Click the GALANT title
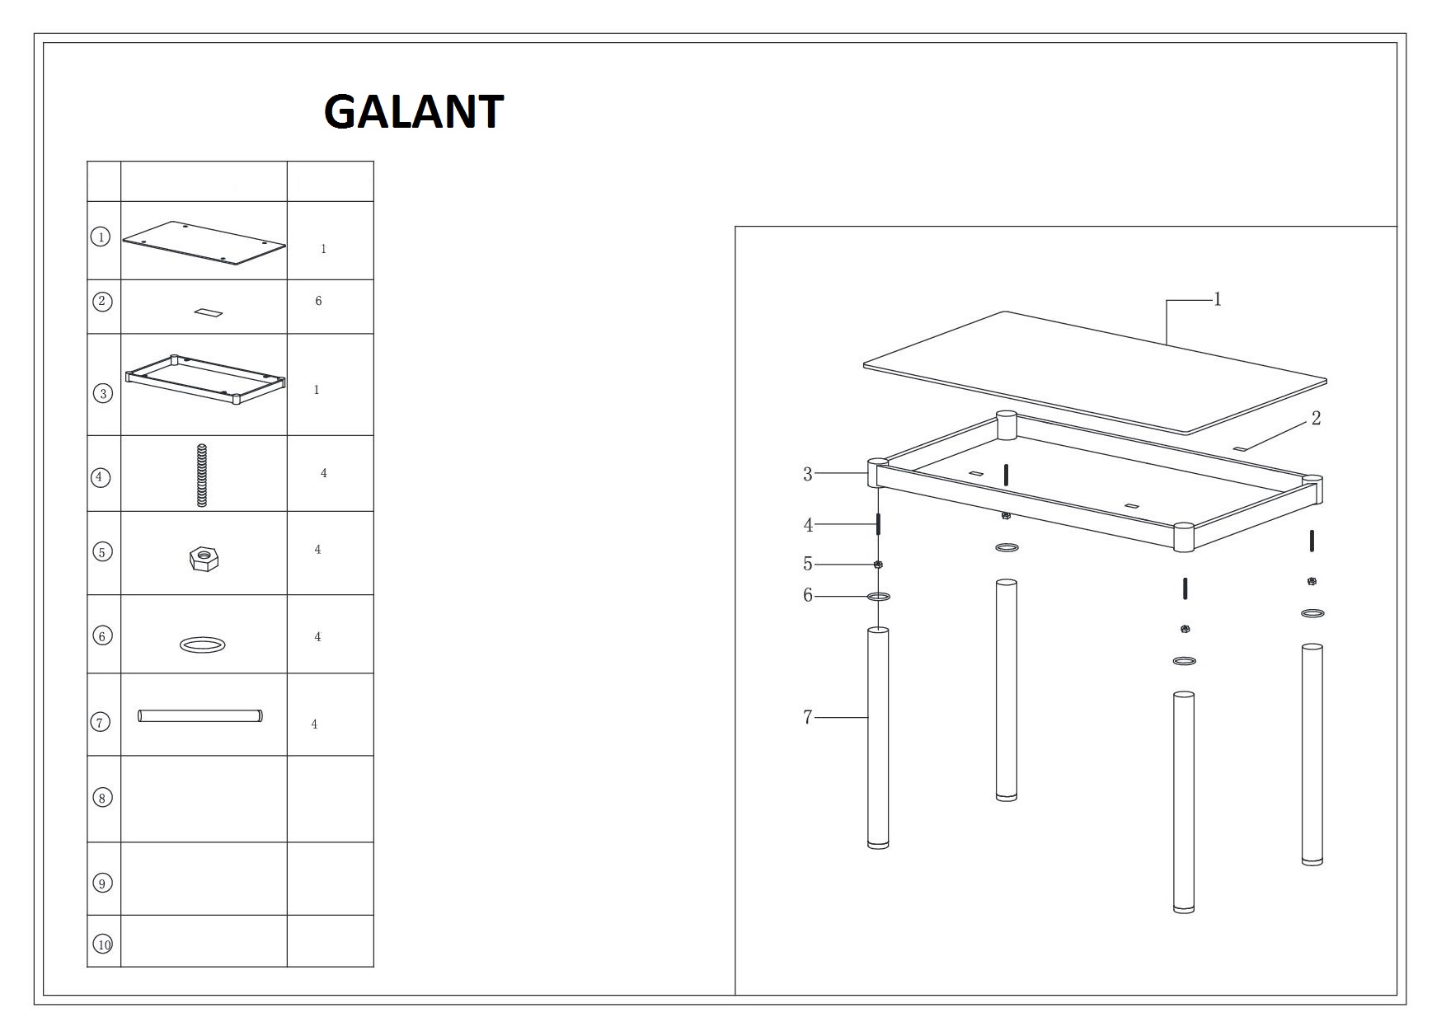(x=414, y=112)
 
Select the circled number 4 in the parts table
(x=101, y=476)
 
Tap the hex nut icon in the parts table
(x=203, y=559)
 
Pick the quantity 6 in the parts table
(x=318, y=301)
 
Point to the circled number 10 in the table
(x=103, y=945)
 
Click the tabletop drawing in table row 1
(x=204, y=243)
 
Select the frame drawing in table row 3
(x=205, y=380)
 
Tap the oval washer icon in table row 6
(x=203, y=644)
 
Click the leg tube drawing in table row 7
(x=200, y=715)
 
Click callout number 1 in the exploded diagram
(x=1218, y=299)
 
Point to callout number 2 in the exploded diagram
(x=1316, y=419)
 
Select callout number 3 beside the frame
(x=808, y=474)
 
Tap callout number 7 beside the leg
(x=808, y=718)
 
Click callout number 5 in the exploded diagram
(x=808, y=564)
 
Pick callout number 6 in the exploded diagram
(x=808, y=595)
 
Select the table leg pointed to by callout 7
(x=878, y=738)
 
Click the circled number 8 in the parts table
(x=102, y=797)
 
